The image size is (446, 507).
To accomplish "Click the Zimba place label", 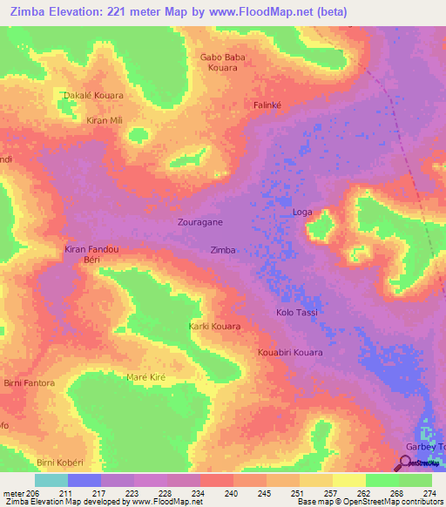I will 223,250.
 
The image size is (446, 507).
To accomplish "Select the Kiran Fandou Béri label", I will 91,254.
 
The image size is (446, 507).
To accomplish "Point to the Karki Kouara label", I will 214,326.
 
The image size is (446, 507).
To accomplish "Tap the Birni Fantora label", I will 30,383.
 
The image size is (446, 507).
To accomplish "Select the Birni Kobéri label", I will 58,461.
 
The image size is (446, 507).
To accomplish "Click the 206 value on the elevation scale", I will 26,493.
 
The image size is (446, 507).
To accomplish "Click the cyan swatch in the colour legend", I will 51,480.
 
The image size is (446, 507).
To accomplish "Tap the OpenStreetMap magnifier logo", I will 406,463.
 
